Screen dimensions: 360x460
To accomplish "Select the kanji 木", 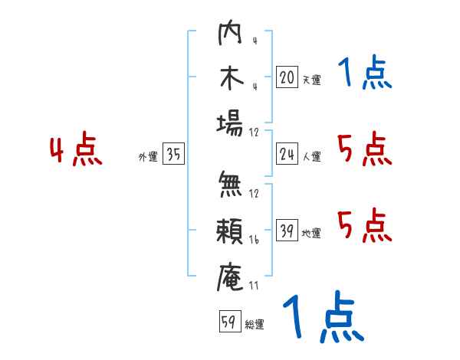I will pyautogui.click(x=231, y=79).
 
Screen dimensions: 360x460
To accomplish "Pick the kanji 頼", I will pyautogui.click(x=231, y=229).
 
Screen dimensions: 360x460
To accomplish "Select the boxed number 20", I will pyautogui.click(x=287, y=77).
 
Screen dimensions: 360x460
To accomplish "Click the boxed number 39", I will pyautogui.click(x=287, y=231).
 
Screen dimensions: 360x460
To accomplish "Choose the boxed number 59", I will pyautogui.click(x=229, y=322).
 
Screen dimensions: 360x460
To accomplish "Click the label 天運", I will pyautogui.click(x=311, y=80).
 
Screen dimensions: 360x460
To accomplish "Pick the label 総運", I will pyautogui.click(x=255, y=324).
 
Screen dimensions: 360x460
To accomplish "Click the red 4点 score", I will pyautogui.click(x=76, y=151).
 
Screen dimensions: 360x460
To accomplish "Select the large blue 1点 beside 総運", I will pyautogui.click(x=322, y=318).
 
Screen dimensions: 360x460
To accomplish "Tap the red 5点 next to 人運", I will pyautogui.click(x=364, y=149).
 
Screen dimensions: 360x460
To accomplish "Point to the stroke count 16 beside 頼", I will pyautogui.click(x=254, y=240).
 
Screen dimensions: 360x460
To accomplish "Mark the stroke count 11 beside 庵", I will pyautogui.click(x=254, y=286).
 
